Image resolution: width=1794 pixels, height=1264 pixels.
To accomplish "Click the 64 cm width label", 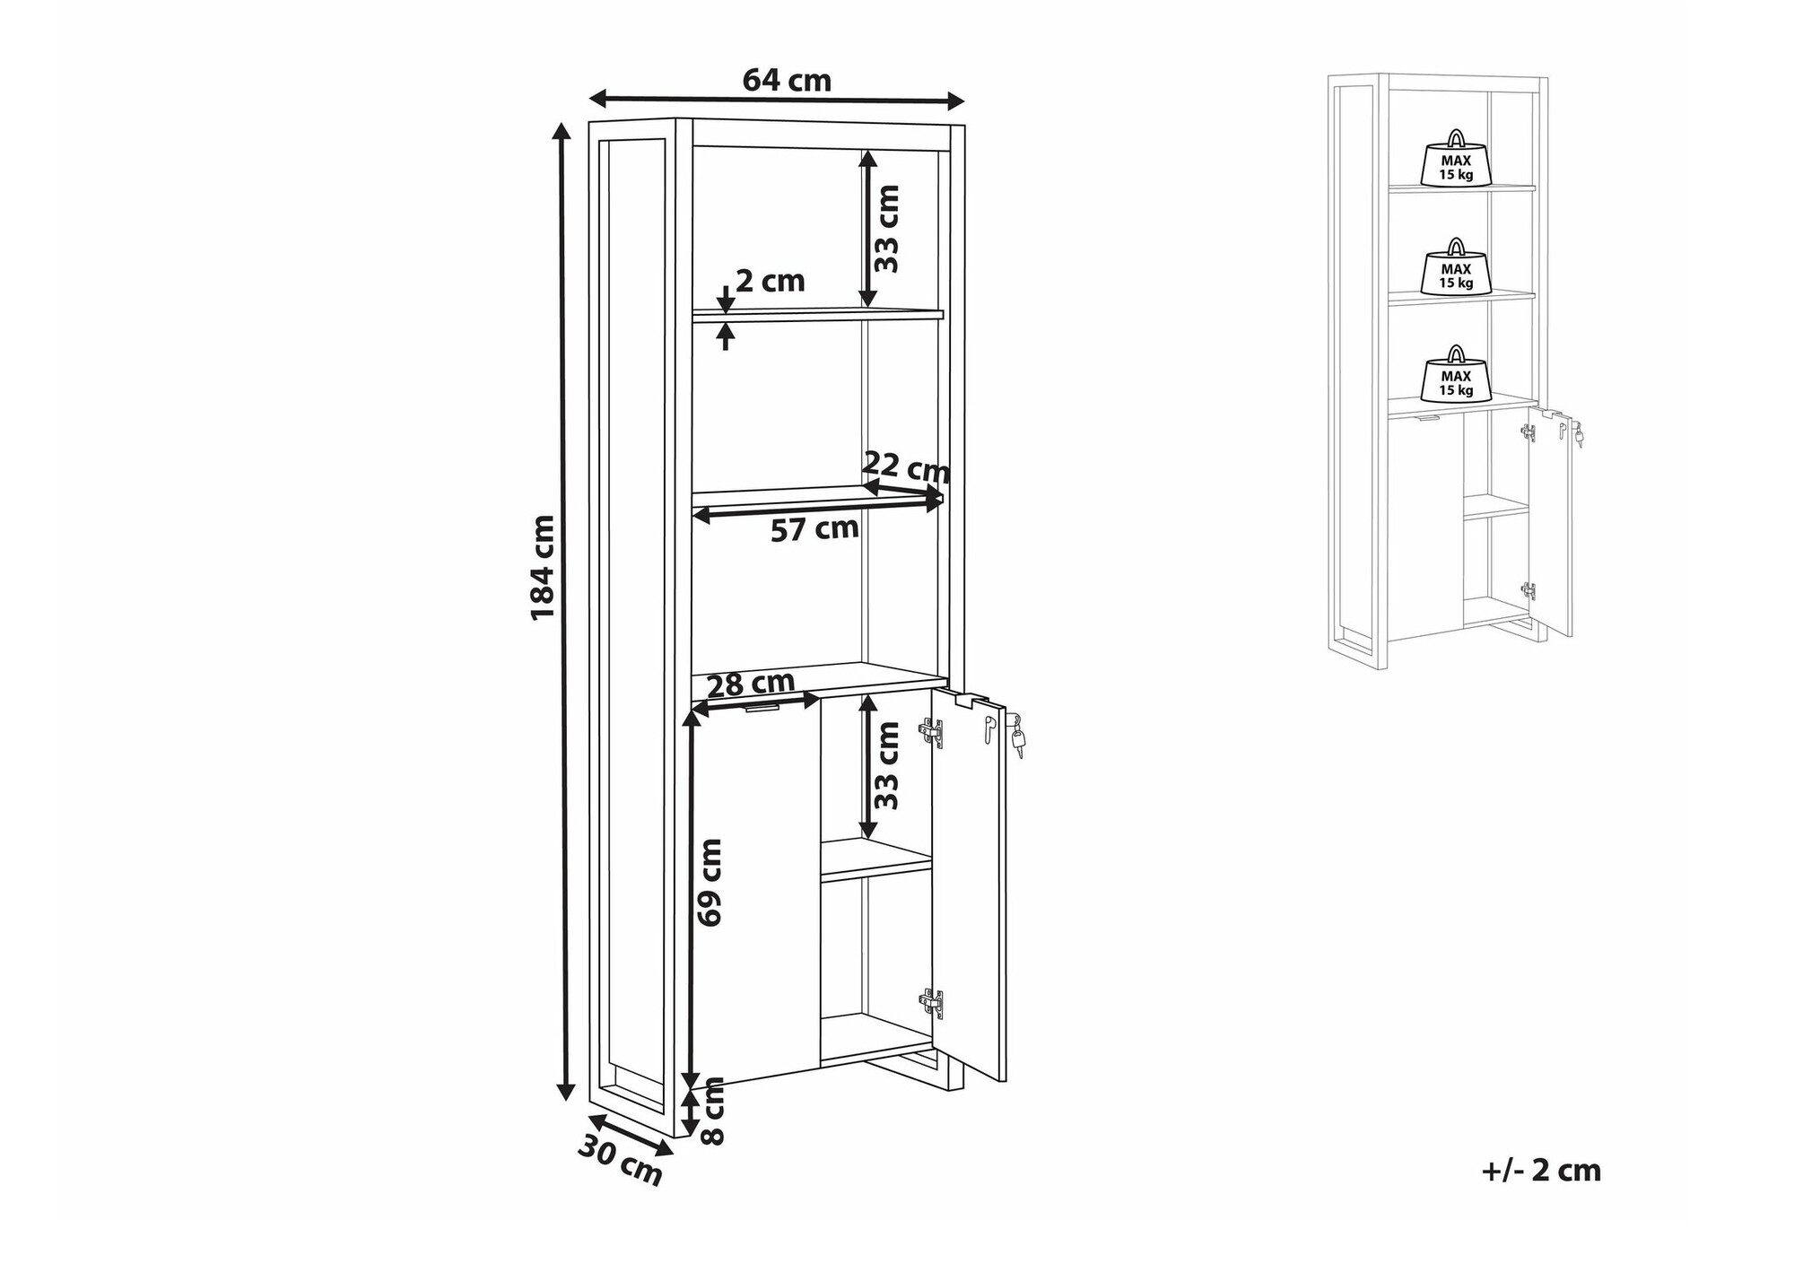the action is [x=787, y=81].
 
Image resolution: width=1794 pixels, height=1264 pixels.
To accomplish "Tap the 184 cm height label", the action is [x=544, y=567].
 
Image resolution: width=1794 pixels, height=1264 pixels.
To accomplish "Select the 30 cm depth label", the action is [x=620, y=1160].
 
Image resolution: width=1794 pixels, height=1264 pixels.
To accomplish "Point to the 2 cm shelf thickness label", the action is [x=770, y=282].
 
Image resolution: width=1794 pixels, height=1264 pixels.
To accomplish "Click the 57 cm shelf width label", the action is [x=814, y=529].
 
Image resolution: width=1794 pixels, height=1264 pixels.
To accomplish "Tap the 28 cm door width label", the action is [x=751, y=685].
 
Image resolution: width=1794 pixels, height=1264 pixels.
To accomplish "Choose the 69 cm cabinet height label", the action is [x=710, y=882].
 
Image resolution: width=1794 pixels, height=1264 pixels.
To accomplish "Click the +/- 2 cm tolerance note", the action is [x=1541, y=1171].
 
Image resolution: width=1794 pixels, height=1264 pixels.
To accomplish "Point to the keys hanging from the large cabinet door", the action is [x=1017, y=735].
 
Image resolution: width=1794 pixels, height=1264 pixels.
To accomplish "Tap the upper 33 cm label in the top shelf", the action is [x=886, y=228].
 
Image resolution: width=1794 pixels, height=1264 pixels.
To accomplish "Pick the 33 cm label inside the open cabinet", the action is [x=886, y=765].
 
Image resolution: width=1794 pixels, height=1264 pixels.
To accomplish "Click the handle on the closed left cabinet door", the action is [x=762, y=709].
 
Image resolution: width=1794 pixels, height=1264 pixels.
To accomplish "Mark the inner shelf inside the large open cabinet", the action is [x=876, y=859].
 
